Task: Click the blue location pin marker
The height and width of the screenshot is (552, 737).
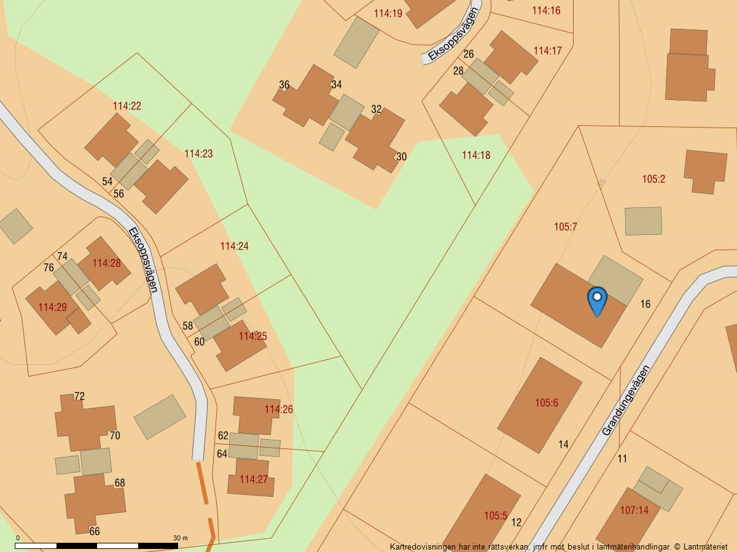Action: pos(597,300)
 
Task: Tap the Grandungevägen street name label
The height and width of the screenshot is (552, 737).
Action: pos(625,401)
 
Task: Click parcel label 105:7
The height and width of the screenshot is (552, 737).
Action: pos(566,227)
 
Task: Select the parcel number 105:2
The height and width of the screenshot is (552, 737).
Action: pos(653,179)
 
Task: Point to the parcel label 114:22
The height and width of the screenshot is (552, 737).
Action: pos(127,106)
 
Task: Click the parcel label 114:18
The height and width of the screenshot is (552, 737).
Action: pos(476,155)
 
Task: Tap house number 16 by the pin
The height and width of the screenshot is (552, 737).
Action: pos(645,304)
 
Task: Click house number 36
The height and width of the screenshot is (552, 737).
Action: pos(284,85)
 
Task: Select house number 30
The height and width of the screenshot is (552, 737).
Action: pos(401,156)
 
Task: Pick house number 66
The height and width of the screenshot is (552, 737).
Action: pos(95,531)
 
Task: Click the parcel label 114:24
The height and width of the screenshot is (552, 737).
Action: pos(234,246)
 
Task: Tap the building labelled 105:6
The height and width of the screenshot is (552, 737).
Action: pos(546,403)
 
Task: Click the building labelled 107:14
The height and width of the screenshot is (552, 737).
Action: pos(634,510)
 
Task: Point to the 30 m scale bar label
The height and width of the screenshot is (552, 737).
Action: pos(181,538)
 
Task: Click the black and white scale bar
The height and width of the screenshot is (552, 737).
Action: pos(96,545)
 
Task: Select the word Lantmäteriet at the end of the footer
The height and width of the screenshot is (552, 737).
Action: pos(705,546)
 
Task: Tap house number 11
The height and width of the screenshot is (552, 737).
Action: pos(622,458)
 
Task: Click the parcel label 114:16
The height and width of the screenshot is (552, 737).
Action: pos(546,10)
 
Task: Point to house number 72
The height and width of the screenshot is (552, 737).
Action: pos(79,396)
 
